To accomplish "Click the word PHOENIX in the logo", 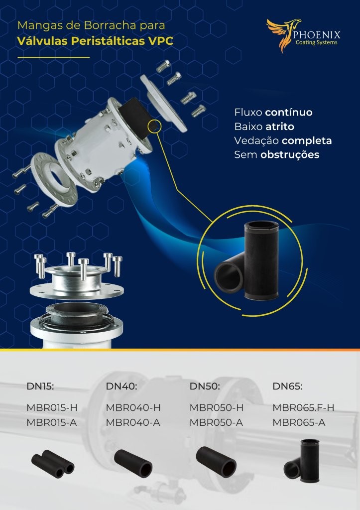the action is (316, 35).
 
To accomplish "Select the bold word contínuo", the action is (288, 113).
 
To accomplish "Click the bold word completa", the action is (307, 141).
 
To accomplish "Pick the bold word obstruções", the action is (290, 155).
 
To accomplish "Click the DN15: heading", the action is (40, 386).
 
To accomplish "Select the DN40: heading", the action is (121, 386).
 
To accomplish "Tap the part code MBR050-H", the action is (216, 407).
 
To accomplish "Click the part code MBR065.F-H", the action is (303, 407).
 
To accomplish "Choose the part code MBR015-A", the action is (51, 422).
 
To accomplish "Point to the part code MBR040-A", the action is (132, 422).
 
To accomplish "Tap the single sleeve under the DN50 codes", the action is (216, 462).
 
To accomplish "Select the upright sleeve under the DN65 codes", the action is (310, 460).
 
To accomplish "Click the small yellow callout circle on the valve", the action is (154, 127).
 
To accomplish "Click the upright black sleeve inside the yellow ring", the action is (261, 260).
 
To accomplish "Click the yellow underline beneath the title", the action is (54, 58).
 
